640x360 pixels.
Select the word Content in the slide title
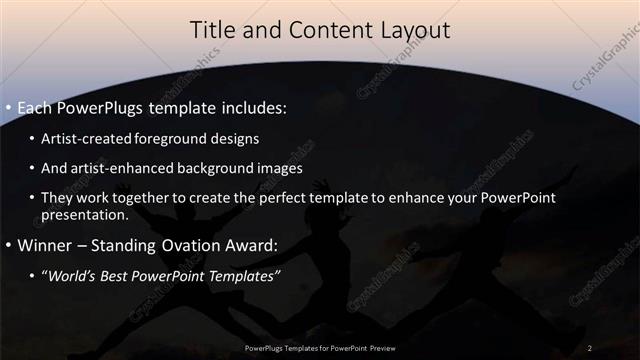319,32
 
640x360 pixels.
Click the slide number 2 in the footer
590,348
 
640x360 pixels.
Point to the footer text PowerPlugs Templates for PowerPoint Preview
319,348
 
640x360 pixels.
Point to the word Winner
44,245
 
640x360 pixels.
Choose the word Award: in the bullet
246,245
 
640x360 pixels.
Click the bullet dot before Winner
9,245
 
